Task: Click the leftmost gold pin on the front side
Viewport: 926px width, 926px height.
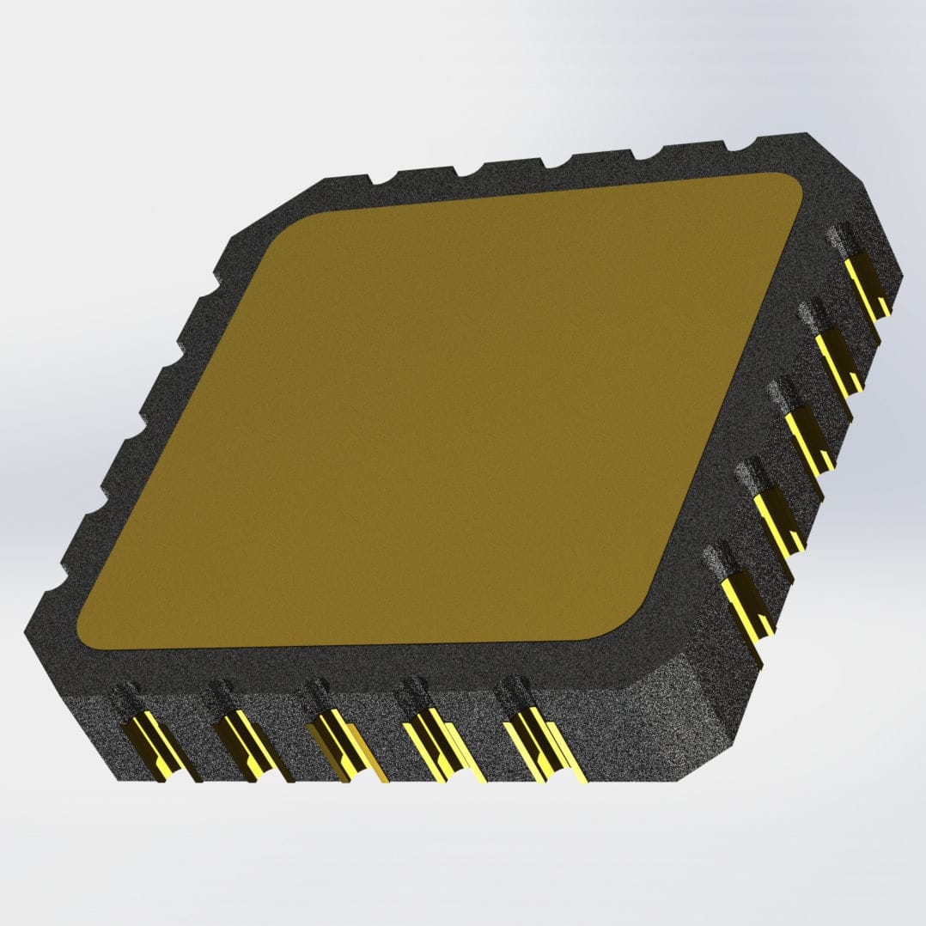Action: pyautogui.click(x=148, y=746)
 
